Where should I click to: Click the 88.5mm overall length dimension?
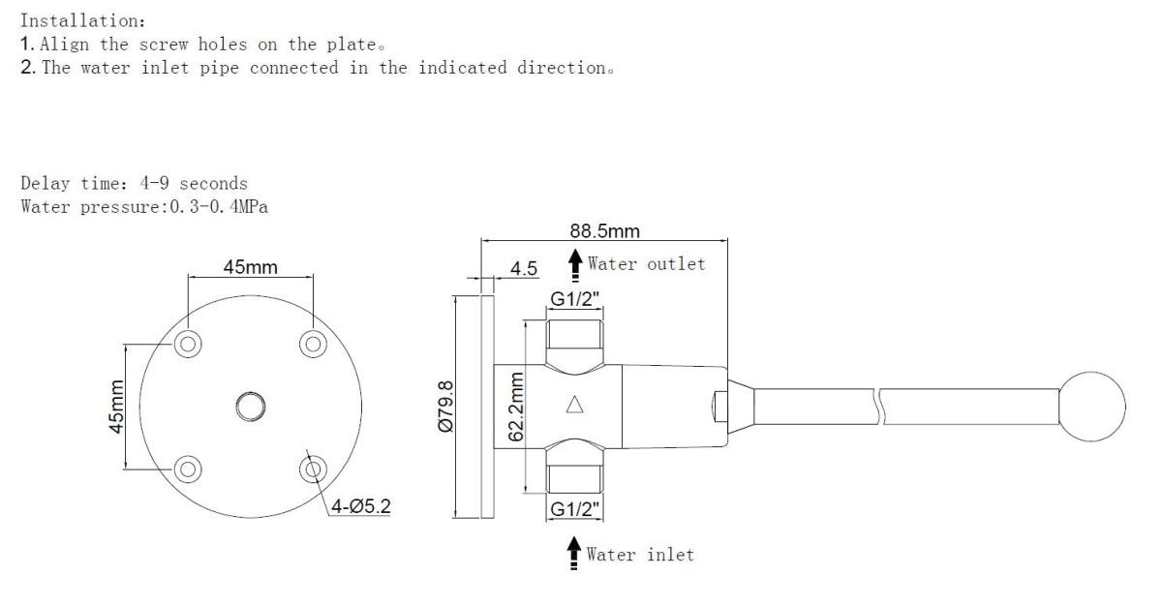tap(605, 232)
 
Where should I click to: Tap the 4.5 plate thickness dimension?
tap(524, 268)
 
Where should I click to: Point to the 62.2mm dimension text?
tap(516, 407)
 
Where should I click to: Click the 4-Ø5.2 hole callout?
tap(361, 505)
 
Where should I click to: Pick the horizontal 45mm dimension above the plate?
tap(250, 267)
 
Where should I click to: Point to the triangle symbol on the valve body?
tap(574, 406)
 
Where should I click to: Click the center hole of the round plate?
tap(250, 407)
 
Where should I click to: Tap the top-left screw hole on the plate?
tap(188, 343)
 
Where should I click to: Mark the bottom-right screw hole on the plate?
tap(312, 470)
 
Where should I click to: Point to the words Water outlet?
tap(646, 263)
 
